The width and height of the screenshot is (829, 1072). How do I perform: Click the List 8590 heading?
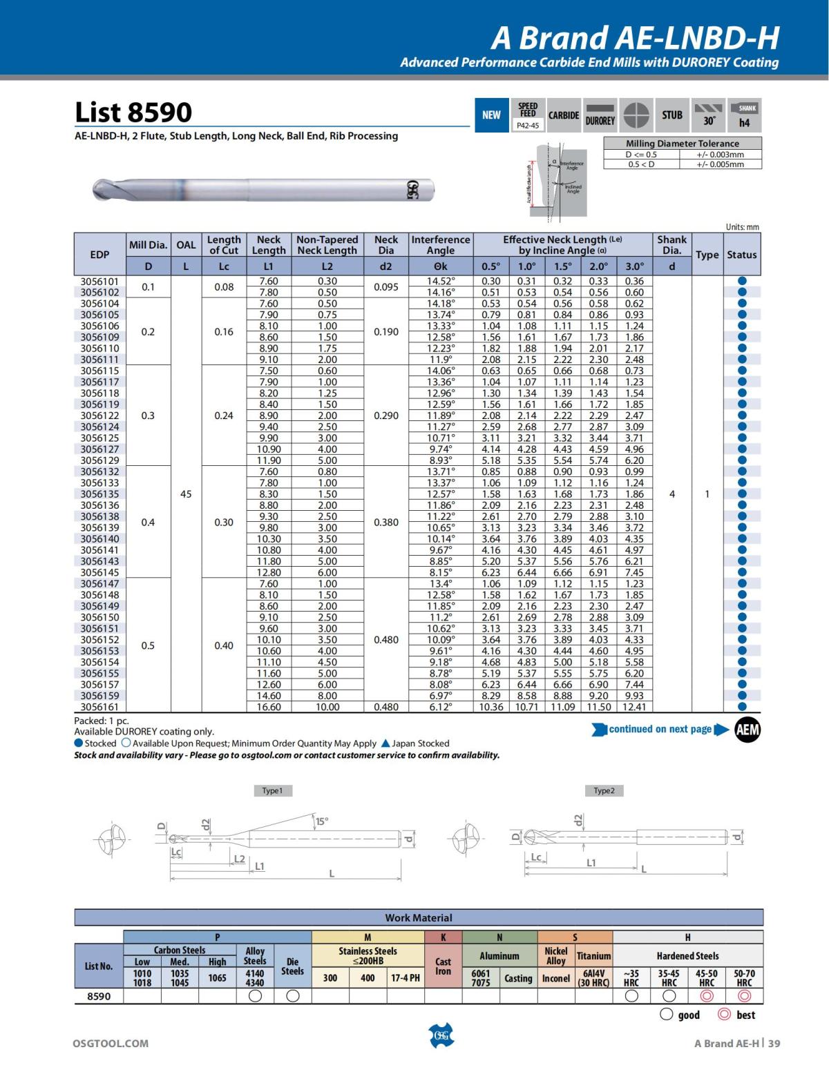pyautogui.click(x=133, y=112)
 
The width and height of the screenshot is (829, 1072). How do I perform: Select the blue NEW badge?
pyautogui.click(x=491, y=115)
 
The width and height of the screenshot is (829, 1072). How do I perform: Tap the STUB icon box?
pyautogui.click(x=671, y=115)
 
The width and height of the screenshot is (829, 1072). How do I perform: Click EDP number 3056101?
pyautogui.click(x=99, y=281)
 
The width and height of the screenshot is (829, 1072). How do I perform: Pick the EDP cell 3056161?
pyautogui.click(x=99, y=707)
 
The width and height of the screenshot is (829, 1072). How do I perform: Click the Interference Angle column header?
pyautogui.click(x=440, y=245)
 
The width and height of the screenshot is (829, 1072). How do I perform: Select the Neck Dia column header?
pyautogui.click(x=386, y=245)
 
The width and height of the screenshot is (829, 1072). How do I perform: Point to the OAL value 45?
pyautogui.click(x=186, y=494)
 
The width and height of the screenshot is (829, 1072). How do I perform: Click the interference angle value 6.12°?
pyautogui.click(x=440, y=707)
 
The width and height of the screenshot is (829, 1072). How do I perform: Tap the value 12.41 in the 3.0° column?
pyautogui.click(x=633, y=707)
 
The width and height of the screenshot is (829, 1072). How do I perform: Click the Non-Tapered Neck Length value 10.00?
pyautogui.click(x=327, y=707)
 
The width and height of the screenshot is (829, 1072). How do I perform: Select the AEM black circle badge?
pyautogui.click(x=746, y=730)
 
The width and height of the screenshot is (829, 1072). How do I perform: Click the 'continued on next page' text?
pyautogui.click(x=660, y=730)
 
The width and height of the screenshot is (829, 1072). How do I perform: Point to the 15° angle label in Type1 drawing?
pyautogui.click(x=322, y=821)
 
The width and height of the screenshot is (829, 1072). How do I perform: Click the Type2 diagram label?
pyautogui.click(x=604, y=790)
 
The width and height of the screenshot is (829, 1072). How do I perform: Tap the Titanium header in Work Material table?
pyautogui.click(x=593, y=956)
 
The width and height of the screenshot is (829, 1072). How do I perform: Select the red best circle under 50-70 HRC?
pyautogui.click(x=744, y=996)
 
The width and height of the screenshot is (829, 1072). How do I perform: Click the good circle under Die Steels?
pyautogui.click(x=292, y=996)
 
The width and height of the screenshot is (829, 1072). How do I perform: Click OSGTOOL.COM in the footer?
pyautogui.click(x=111, y=1043)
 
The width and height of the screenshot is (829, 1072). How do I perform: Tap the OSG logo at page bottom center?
pyautogui.click(x=441, y=1035)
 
